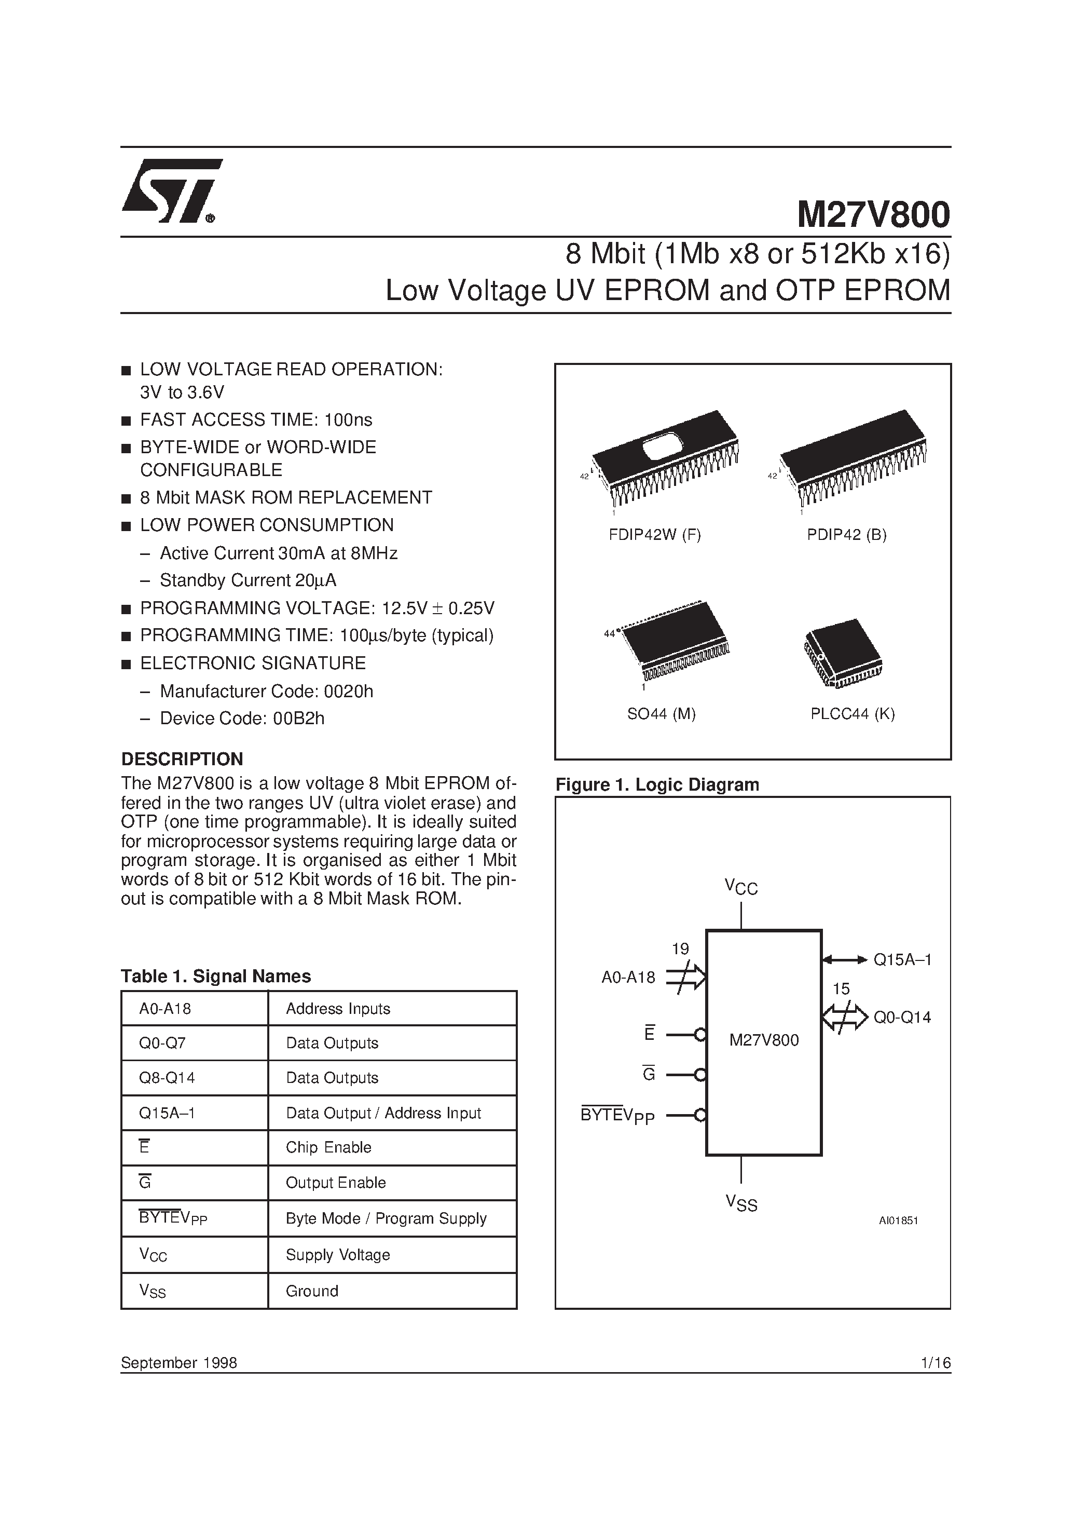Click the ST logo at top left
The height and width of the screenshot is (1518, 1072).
pyautogui.click(x=171, y=191)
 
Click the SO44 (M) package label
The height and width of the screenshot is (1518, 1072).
pyautogui.click(x=661, y=713)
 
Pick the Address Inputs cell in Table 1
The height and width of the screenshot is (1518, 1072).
pyautogui.click(x=338, y=1008)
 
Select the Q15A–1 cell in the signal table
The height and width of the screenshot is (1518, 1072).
pyautogui.click(x=167, y=1113)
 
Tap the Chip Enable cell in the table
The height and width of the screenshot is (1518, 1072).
pyautogui.click(x=328, y=1147)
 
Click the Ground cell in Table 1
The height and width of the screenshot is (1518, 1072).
pyautogui.click(x=312, y=1291)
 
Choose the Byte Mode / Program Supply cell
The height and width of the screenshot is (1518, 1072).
pyautogui.click(x=386, y=1218)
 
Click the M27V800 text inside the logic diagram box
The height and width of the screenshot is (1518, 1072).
pyautogui.click(x=764, y=1040)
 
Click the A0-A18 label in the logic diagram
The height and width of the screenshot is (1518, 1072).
pyautogui.click(x=628, y=977)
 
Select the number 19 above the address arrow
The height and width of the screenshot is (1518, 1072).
pyautogui.click(x=680, y=950)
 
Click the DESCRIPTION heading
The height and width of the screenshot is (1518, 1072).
pyautogui.click(x=182, y=758)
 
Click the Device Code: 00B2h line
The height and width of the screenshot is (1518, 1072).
pyautogui.click(x=242, y=718)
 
